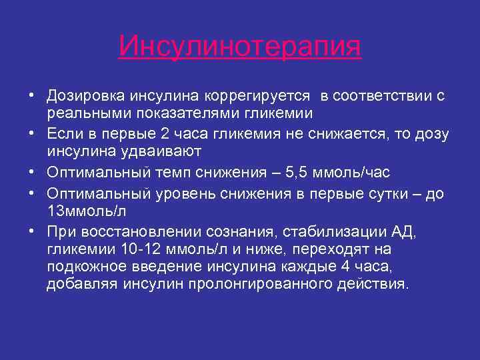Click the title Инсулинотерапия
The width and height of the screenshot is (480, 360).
[240, 47]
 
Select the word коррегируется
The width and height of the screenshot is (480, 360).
[241, 95]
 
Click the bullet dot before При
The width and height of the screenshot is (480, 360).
[31, 231]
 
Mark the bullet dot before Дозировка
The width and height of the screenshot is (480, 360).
[31, 95]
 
